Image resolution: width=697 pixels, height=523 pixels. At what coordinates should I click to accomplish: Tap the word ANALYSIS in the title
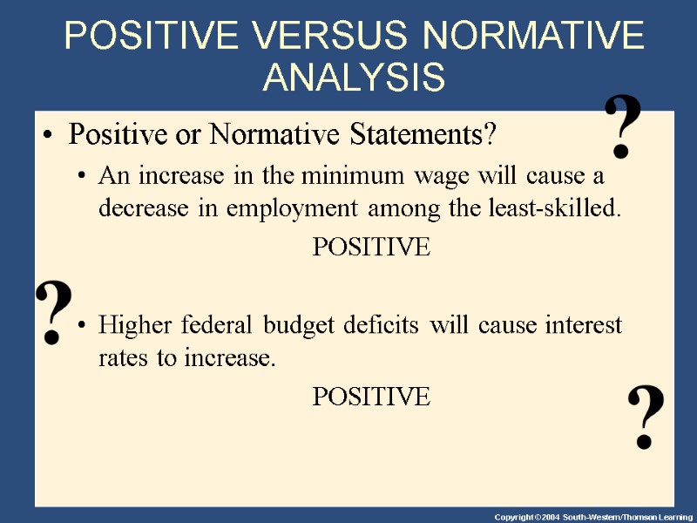pos(354,77)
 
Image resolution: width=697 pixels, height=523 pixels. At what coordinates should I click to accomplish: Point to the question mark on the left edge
pos(53,312)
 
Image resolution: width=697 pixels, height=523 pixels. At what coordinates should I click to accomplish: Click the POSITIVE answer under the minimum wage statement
pos(371,247)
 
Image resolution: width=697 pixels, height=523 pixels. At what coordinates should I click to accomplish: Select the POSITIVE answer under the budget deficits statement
pos(371,397)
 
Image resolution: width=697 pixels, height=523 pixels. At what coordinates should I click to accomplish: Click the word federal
pos(212,325)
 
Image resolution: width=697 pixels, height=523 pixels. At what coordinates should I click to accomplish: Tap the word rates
pos(125,358)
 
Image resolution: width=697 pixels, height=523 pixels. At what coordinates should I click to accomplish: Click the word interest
pos(583,325)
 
